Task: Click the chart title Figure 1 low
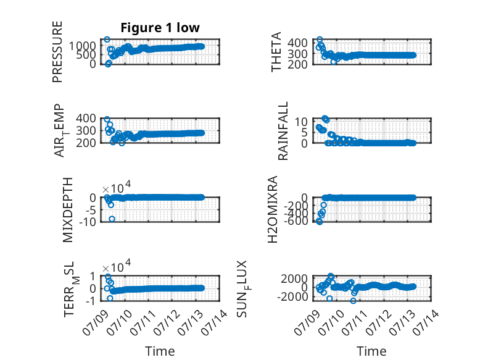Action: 160,28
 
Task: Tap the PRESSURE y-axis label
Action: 57,52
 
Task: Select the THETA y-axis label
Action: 276,52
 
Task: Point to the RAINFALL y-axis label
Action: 283,131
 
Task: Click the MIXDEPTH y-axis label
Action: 68,210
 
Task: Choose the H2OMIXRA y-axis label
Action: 273,209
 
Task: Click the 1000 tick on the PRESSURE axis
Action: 82,46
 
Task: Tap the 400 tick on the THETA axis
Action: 297,43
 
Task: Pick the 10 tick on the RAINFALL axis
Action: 301,122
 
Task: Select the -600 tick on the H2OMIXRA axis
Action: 296,220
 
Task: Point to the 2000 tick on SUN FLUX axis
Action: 294,279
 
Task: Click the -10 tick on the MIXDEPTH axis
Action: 88,221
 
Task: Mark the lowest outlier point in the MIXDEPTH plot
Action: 112,219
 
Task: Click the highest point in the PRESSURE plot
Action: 107,40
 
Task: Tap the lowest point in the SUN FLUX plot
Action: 354,301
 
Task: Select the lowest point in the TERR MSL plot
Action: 110,298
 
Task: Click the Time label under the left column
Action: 160,351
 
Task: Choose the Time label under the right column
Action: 371,351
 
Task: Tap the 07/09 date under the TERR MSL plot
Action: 95,322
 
